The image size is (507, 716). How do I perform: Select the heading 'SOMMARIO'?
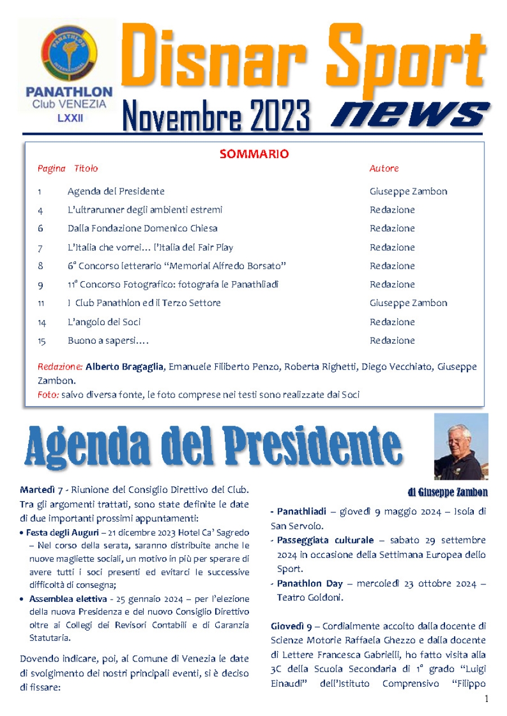pos(254,154)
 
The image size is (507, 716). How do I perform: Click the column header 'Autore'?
pos(384,168)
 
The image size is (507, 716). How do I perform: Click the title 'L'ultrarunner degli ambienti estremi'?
pos(145,210)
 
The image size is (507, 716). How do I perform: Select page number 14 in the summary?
pos(41,322)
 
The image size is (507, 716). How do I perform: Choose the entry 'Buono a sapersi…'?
pos(108,341)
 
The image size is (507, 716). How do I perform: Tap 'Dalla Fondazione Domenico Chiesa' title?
pos(143,228)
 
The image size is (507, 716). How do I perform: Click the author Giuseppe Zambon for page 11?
pos(408,303)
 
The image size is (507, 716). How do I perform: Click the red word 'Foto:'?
pos(48,395)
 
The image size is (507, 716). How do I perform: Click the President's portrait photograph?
pos(460,446)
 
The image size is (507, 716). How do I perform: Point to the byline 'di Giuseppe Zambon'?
pos(447,493)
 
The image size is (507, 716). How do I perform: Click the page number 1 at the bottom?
pos(486,699)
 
